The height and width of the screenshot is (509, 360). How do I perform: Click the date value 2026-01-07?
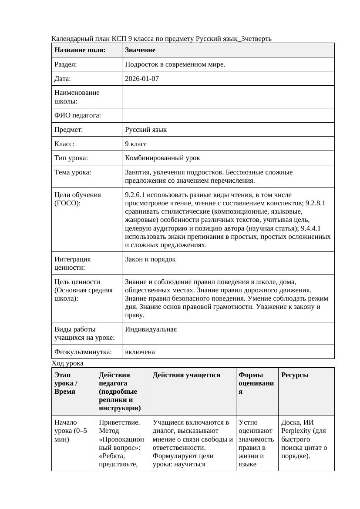coord(141,79)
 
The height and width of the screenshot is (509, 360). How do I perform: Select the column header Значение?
coord(140,50)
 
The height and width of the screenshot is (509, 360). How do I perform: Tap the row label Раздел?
coord(66,64)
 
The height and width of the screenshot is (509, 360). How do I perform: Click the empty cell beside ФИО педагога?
coord(228,115)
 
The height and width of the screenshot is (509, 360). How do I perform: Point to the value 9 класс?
coord(136,144)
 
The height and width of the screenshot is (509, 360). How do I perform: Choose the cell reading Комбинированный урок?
coord(162,158)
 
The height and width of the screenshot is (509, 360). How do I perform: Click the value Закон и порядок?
coord(150,259)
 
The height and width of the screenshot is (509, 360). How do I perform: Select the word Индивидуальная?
coord(151,329)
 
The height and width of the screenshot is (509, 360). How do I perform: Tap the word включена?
coord(140,352)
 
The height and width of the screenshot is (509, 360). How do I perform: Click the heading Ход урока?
coord(67,363)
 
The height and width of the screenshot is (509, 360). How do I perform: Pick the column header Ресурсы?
coord(295,375)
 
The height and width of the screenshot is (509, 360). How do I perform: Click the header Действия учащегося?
coord(186,375)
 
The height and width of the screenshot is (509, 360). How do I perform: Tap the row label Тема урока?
coord(73,172)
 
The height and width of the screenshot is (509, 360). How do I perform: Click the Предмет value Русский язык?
coord(146,130)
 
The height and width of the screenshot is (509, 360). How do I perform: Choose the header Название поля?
coord(80,50)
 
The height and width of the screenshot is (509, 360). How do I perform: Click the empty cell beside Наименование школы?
coord(228,97)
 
